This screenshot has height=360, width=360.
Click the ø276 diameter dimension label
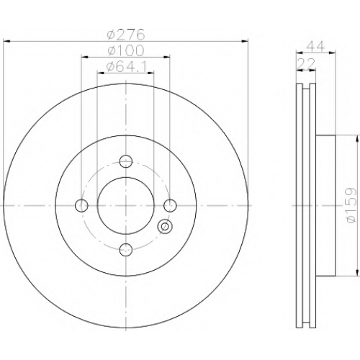pos(126,35)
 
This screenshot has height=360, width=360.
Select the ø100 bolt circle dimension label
pos(126,50)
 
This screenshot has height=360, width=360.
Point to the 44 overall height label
pos(316,47)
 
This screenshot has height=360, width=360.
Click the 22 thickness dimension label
pos(306,64)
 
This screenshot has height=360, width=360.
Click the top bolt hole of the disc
pos(126,161)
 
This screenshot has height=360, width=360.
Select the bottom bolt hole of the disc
pos(126,250)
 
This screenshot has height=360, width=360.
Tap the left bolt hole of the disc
pos(81,205)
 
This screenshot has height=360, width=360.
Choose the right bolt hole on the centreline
pos(170,205)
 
